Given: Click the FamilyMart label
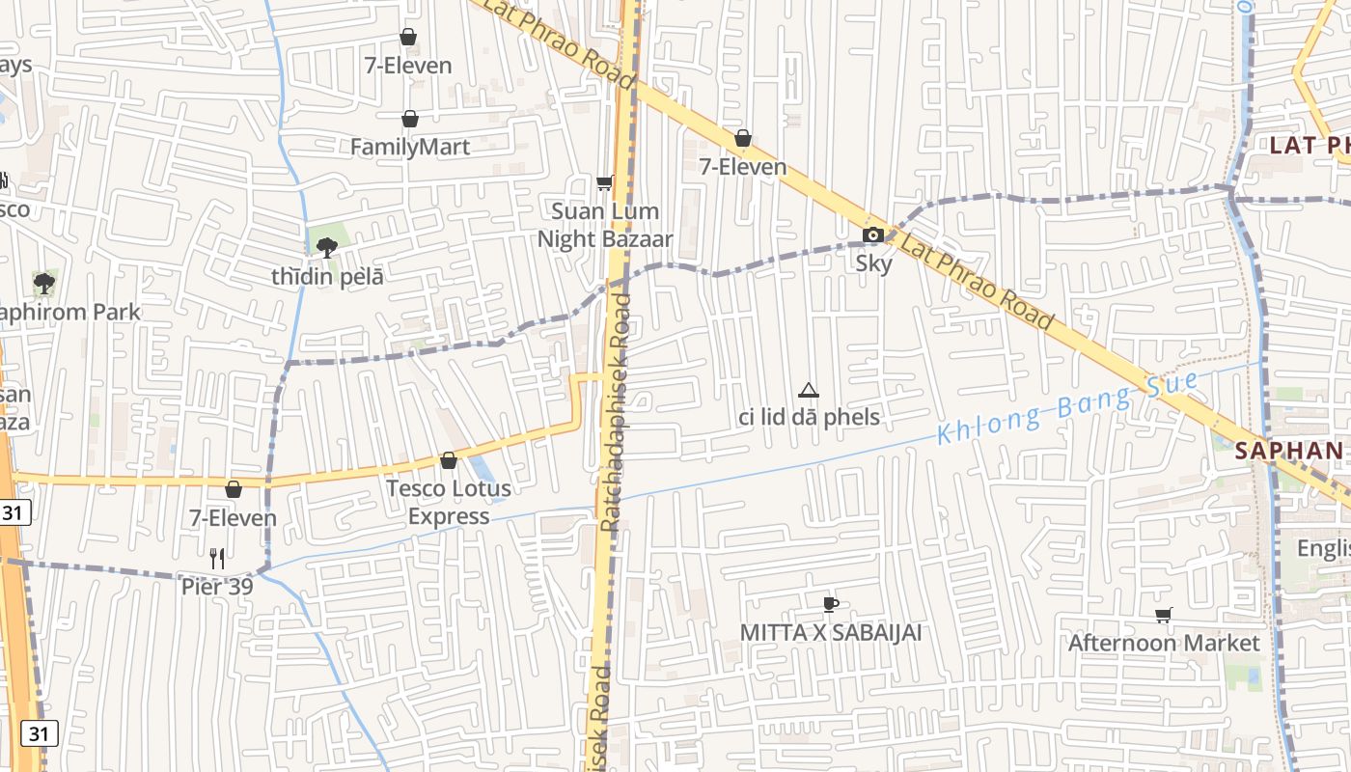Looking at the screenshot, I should coord(410,147).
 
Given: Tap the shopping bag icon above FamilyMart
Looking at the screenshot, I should coord(410,119).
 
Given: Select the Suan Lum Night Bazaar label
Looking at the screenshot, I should coord(605,225).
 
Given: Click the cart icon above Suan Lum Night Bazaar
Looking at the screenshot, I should coord(605,182).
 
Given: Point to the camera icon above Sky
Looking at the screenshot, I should coord(872,234).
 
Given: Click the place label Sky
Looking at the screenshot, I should coord(873,262).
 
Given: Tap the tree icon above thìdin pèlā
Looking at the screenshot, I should coord(327,247).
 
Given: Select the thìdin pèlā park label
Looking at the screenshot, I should coord(327,276).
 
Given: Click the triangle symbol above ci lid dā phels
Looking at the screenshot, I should coord(809,390).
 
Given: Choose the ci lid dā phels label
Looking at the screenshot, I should coord(809,417).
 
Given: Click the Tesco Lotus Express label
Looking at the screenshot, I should coord(449,502).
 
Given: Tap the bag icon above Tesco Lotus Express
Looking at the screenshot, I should coord(449,460).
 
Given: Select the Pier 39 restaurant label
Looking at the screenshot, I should coord(217,586).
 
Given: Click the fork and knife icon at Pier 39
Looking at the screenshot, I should coord(217,558).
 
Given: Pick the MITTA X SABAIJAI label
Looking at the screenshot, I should coord(831,632).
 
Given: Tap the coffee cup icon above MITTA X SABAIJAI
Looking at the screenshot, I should coord(830,604).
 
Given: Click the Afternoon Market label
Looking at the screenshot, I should coord(1164,643).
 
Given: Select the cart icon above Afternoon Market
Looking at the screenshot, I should coord(1164,615).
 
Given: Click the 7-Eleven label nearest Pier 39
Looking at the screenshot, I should coord(233,518).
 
